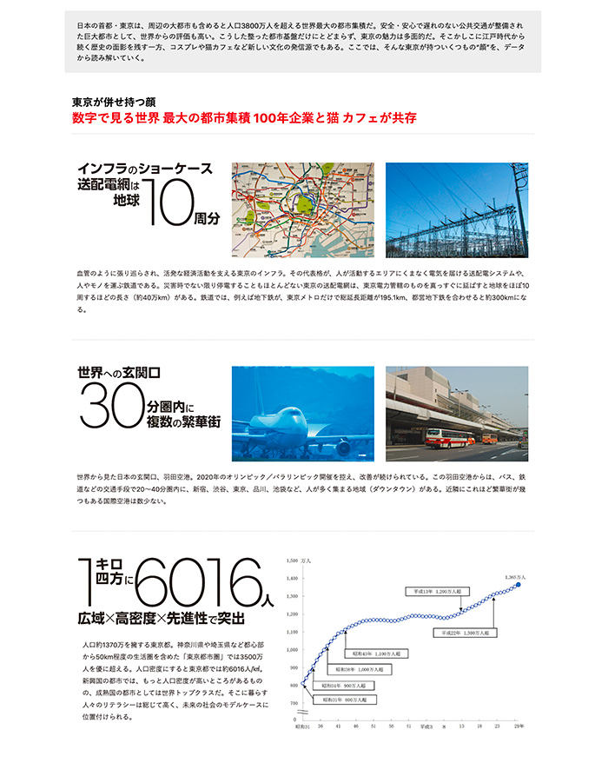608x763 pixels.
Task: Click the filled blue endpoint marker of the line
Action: point(519,586)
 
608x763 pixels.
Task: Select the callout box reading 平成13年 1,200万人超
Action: point(439,591)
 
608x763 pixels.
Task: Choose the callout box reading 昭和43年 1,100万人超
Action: point(375,654)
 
